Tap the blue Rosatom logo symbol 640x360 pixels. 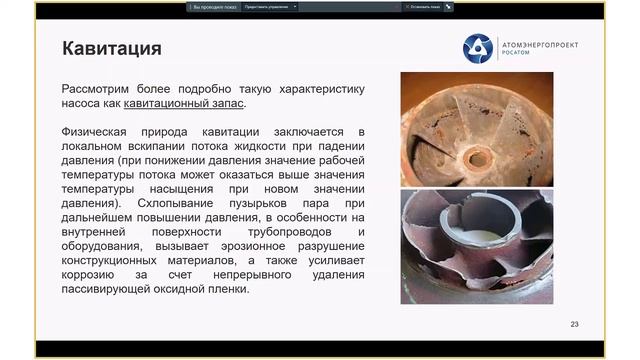click(477, 47)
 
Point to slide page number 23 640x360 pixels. click(574, 324)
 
